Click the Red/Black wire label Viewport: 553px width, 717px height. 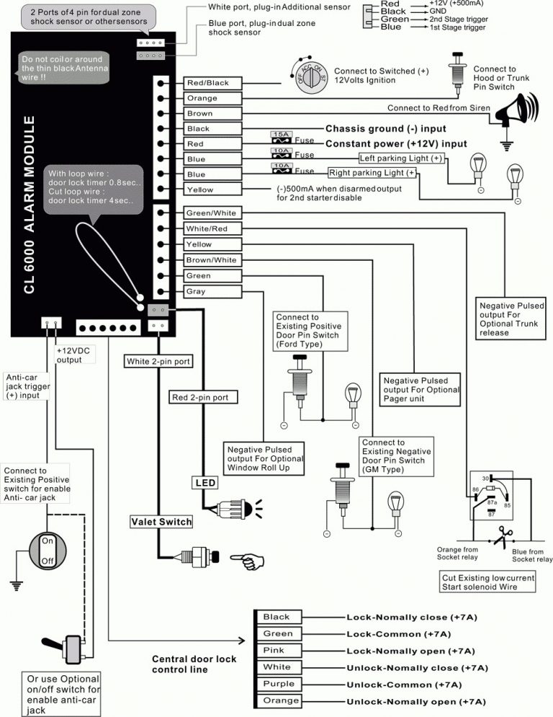pos(208,83)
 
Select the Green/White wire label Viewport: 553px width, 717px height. pos(211,213)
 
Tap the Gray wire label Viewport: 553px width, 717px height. pos(196,292)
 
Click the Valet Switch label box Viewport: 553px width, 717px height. pos(161,522)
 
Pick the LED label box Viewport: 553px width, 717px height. pos(201,482)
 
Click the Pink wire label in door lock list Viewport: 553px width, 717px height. pos(277,651)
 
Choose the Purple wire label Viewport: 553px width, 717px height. pos(278,684)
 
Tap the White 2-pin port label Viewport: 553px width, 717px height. pos(158,362)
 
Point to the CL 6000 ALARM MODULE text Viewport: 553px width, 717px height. pos(30,201)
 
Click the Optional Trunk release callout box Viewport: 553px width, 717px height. pos(512,319)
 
